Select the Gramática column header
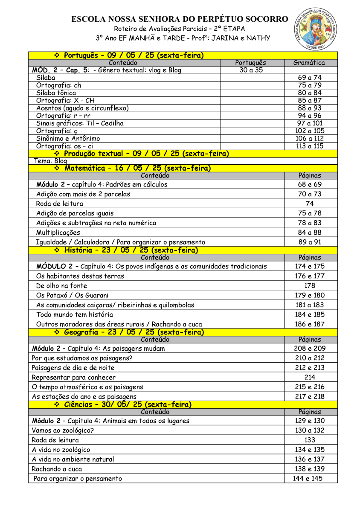coord(309,63)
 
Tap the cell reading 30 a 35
coord(251,70)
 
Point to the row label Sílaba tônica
coord(56,93)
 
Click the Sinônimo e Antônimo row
coord(68,139)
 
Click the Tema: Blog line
coord(50,161)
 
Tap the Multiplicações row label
coord(58,233)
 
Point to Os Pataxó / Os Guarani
coord(73,295)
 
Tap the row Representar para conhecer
coord(73,377)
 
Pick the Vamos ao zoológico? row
coord(63,430)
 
